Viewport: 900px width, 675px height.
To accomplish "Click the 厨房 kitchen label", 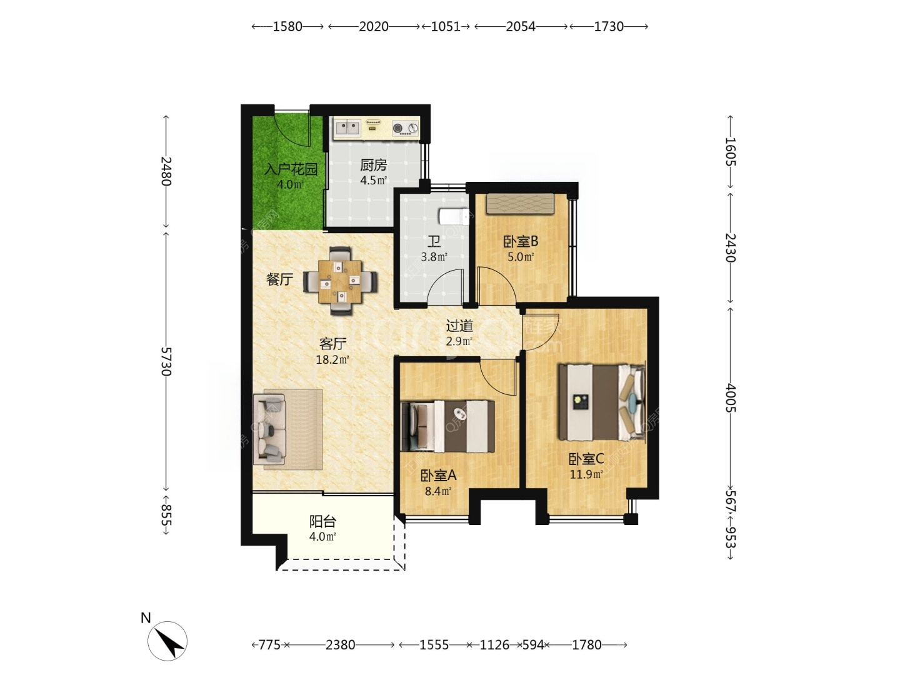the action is [x=373, y=166].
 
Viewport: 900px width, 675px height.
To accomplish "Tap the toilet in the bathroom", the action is [x=454, y=216].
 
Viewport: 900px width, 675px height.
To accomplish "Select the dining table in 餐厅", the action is [x=341, y=281].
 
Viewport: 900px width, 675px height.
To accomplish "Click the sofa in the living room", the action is [x=269, y=429].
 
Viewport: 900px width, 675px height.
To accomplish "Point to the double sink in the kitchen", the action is [x=347, y=128].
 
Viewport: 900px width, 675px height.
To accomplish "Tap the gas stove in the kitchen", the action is [x=406, y=128].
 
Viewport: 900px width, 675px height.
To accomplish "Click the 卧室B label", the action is [x=521, y=242].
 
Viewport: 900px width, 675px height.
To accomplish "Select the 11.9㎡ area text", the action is [x=586, y=474].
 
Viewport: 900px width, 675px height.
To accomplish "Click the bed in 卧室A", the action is [x=447, y=426].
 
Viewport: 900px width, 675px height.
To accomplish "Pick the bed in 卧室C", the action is [x=602, y=402].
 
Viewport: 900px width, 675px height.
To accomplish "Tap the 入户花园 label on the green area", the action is [x=291, y=169].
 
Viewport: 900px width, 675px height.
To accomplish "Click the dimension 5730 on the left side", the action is [x=166, y=361].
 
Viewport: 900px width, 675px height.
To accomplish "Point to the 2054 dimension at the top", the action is [x=521, y=27].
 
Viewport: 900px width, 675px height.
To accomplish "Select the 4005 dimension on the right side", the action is [x=731, y=397].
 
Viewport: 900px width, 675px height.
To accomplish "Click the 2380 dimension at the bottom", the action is [x=341, y=645].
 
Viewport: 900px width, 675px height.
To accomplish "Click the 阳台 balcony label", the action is [x=322, y=521].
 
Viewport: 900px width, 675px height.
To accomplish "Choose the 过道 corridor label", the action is [x=459, y=326].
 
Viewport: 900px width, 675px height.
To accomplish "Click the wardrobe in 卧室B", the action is [x=521, y=204].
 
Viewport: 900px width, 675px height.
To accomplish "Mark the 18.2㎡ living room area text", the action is [x=332, y=360].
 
